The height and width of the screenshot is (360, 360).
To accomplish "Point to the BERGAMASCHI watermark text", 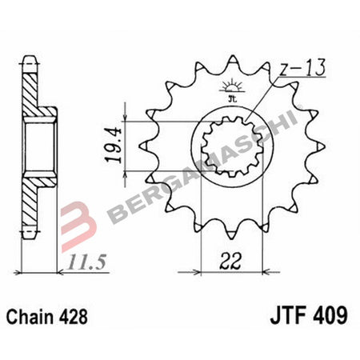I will click(x=200, y=168).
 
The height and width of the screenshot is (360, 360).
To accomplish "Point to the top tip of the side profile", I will click(x=30, y=58).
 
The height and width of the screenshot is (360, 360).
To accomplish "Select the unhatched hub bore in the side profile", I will click(x=41, y=147).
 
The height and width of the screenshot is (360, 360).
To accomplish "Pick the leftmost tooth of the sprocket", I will click(x=144, y=147).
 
